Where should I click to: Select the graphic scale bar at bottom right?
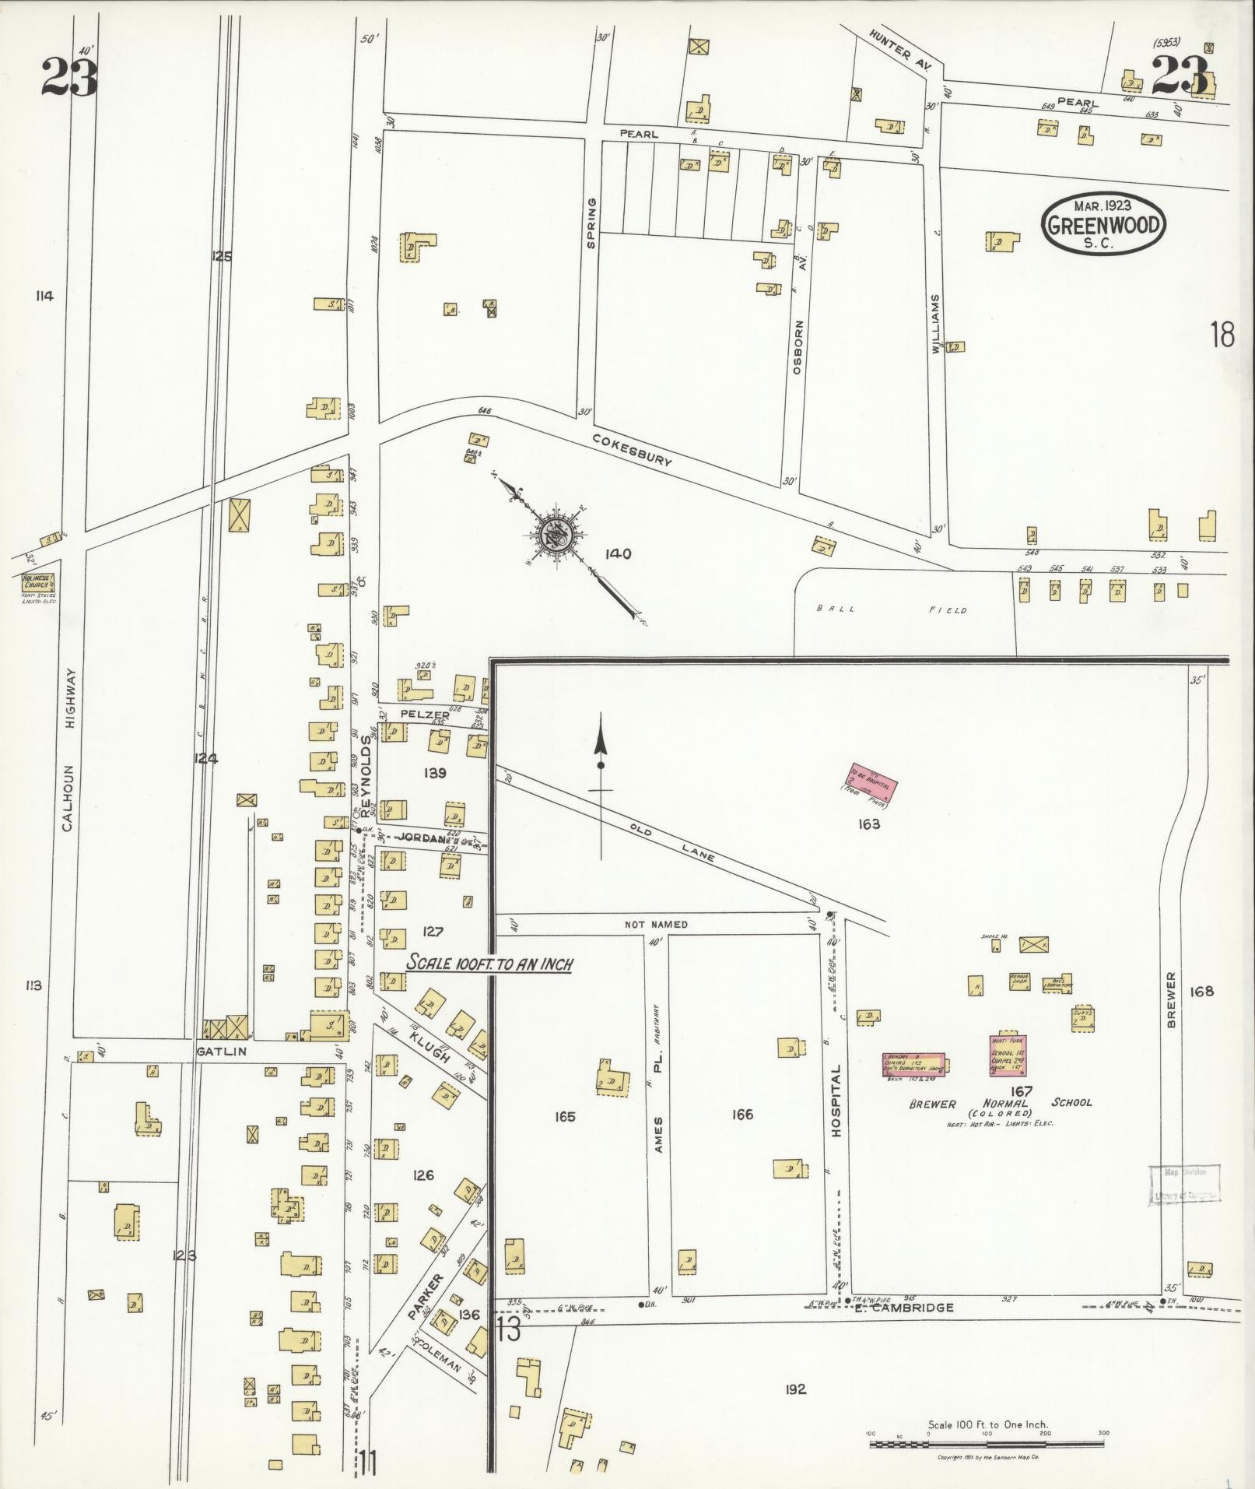986,1444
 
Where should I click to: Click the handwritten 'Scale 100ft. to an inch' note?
490,964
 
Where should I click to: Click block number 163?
868,824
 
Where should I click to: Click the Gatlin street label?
221,1052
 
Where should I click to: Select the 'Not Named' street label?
656,925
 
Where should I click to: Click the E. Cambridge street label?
903,1308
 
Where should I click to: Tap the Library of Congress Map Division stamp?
1183,1186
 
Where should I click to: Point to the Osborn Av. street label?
798,348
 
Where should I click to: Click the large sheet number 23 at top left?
70,78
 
